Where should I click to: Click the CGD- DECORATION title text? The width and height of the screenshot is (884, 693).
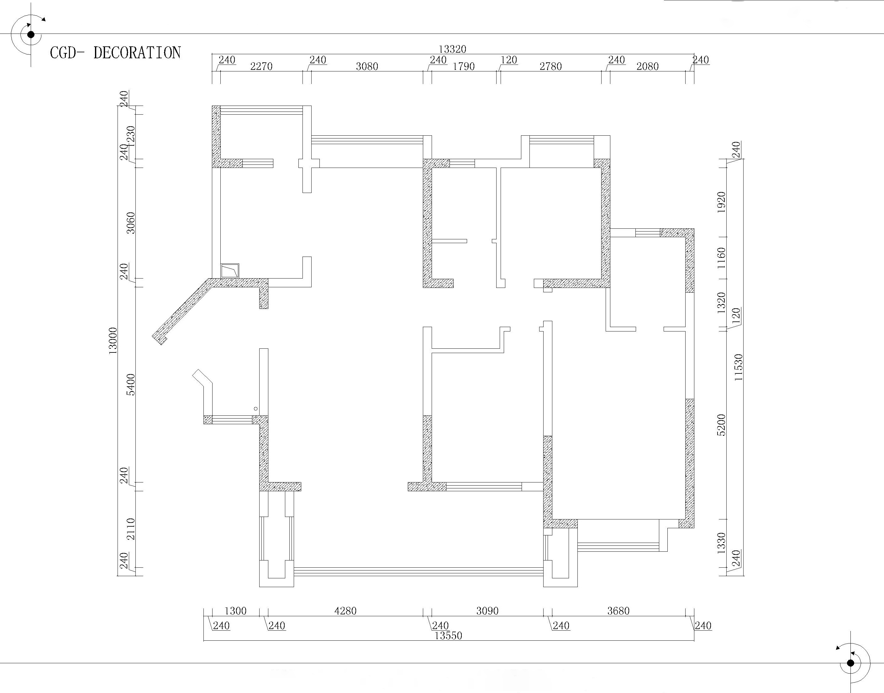click(x=115, y=53)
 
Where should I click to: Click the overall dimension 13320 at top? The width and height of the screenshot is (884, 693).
click(x=453, y=49)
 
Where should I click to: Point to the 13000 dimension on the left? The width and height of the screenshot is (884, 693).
click(x=113, y=341)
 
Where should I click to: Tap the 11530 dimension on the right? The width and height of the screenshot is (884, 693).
click(x=738, y=367)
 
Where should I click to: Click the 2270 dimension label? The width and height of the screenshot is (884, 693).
click(x=261, y=66)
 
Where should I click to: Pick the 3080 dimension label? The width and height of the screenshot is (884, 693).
click(x=367, y=66)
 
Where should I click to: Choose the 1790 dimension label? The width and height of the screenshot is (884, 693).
click(x=464, y=66)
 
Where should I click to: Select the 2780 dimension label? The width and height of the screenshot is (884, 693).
click(x=550, y=66)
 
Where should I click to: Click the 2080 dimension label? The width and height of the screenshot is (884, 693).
click(x=647, y=66)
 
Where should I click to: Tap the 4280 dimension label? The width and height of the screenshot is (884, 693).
click(x=345, y=611)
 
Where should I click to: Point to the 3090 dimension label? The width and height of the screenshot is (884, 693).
click(x=487, y=611)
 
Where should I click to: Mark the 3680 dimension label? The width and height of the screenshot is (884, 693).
click(x=618, y=611)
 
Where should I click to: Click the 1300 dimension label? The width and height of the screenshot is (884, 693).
click(x=235, y=611)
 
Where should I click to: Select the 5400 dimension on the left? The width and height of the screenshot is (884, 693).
click(x=131, y=385)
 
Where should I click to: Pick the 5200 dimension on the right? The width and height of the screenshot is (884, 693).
click(x=721, y=425)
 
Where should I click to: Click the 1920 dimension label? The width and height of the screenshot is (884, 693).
click(x=721, y=202)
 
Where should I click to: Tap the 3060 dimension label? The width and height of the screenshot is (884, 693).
click(x=131, y=223)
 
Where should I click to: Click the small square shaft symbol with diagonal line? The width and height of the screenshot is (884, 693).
click(x=230, y=271)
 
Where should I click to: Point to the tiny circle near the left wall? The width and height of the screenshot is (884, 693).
click(x=256, y=409)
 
